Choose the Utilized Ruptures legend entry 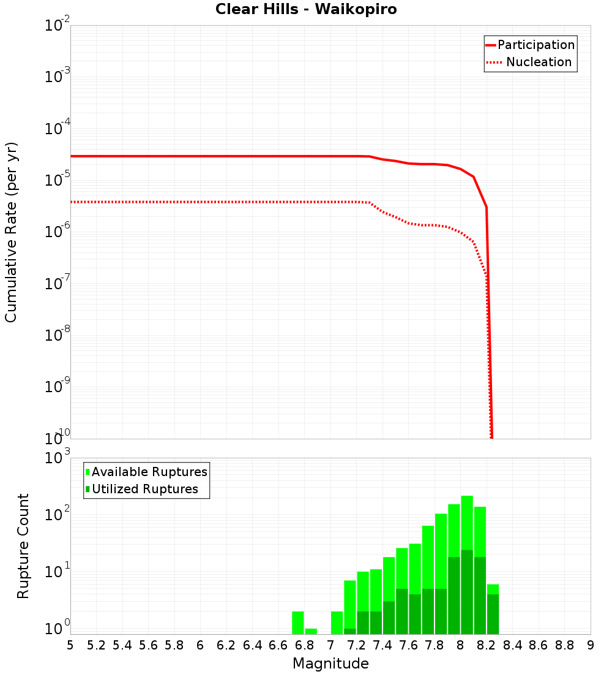pyautogui.click(x=144, y=489)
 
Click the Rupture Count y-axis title pyautogui.click(x=23, y=545)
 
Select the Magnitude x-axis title pyautogui.click(x=330, y=664)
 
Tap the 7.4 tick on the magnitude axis pyautogui.click(x=382, y=645)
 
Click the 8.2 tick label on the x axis pyautogui.click(x=487, y=645)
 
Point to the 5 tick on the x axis pyautogui.click(x=70, y=645)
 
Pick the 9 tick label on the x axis pyautogui.click(x=590, y=645)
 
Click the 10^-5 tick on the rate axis pyautogui.click(x=55, y=180)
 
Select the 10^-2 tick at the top pyautogui.click(x=55, y=26)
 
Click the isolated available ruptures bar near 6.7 pyautogui.click(x=298, y=623)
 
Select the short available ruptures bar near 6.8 pyautogui.click(x=311, y=631)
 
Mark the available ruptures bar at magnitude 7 pyautogui.click(x=337, y=623)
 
